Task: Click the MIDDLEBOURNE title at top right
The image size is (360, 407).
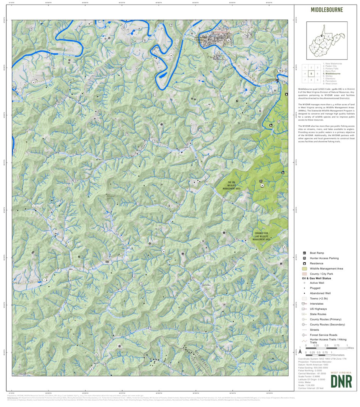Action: (x=326, y=10)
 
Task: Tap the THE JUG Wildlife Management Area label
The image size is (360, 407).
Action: (x=233, y=186)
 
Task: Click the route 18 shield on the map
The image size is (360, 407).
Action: (x=280, y=71)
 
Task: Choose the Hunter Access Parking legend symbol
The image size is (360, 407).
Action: (x=304, y=258)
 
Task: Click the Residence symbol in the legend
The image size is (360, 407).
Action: (x=304, y=263)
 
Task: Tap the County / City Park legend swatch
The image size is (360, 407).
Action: (x=304, y=274)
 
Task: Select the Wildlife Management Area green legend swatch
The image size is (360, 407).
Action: (x=304, y=269)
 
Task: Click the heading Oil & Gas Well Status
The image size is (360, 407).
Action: (x=316, y=278)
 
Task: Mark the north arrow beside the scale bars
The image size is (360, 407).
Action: (x=300, y=350)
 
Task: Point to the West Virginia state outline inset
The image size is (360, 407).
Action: (x=326, y=39)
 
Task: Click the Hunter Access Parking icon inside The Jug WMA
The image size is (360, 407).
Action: (x=261, y=181)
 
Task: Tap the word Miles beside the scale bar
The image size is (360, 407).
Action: (x=351, y=348)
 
